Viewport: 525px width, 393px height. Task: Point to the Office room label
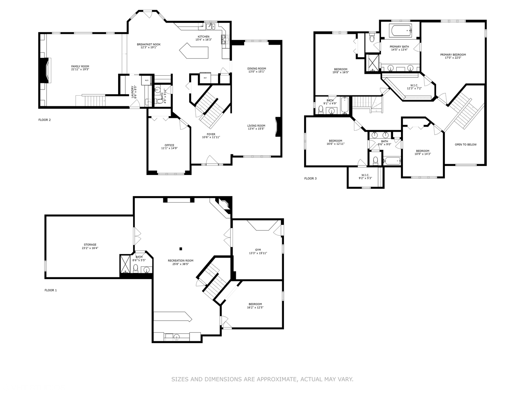tap(169, 145)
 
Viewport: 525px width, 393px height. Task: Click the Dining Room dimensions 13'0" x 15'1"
tap(257, 72)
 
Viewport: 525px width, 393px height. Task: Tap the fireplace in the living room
tap(278, 127)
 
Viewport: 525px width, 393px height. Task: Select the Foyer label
tap(211, 134)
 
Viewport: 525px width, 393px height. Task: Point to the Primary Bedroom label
tap(453, 55)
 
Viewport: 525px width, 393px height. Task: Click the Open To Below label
tap(466, 144)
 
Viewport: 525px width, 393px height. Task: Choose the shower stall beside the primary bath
tap(372, 63)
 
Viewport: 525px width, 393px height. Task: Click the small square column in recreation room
tap(180, 249)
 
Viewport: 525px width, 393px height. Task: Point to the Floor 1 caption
tap(51, 290)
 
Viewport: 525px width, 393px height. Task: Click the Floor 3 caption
tap(310, 178)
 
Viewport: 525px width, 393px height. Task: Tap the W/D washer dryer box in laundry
tap(147, 80)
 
